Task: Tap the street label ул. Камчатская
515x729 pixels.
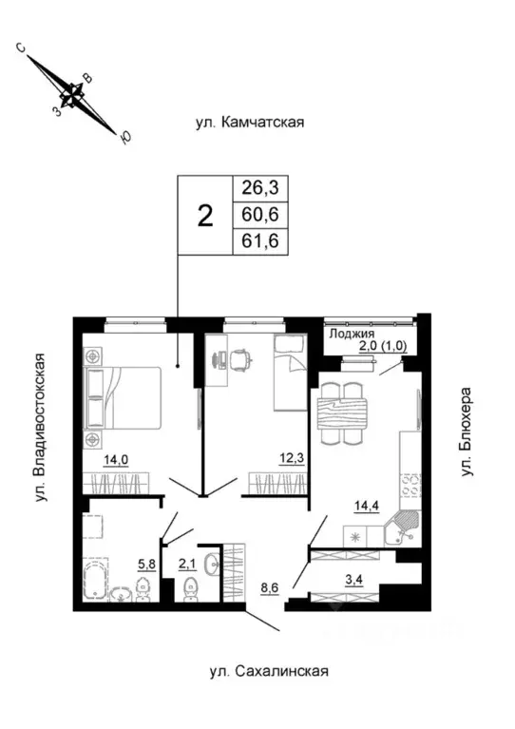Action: (249, 123)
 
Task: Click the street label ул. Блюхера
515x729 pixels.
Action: (467, 438)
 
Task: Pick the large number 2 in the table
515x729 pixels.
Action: (203, 216)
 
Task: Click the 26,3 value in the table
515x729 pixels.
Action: (264, 188)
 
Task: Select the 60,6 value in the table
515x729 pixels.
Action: (264, 216)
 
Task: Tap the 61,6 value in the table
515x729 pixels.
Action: (264, 242)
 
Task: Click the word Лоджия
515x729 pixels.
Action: (351, 335)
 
